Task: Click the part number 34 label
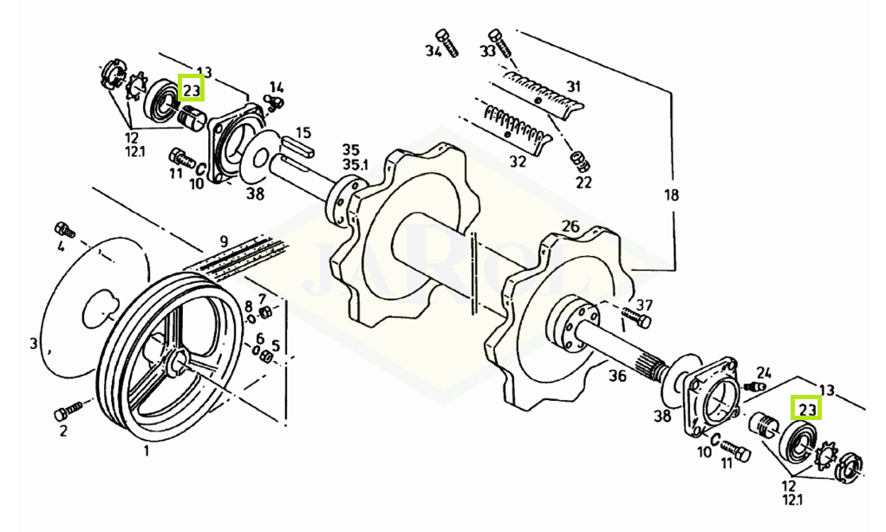[433, 51]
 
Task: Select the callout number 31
[574, 87]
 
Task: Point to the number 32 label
[518, 162]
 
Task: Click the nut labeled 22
[580, 161]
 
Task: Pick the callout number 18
[671, 195]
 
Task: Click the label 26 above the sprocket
[570, 227]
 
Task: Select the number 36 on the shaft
[617, 375]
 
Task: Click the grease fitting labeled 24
[755, 386]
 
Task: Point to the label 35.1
[355, 165]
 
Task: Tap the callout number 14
[277, 87]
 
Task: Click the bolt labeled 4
[64, 230]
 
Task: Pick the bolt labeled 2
[68, 410]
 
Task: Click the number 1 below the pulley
[147, 451]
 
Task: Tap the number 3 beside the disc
[33, 343]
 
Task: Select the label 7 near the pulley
[262, 299]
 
